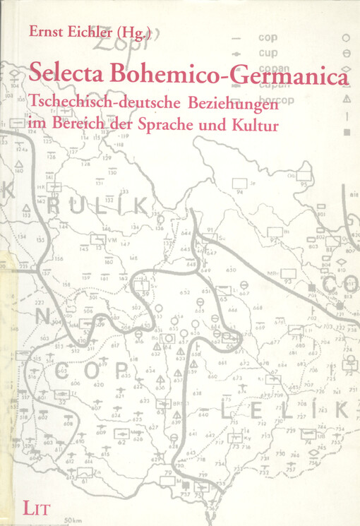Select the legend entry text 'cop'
pos(268,37)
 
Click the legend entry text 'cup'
pos(268,52)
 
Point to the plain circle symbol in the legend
pos(346,37)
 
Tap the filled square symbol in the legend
pos(346,132)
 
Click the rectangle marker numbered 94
pos(240,184)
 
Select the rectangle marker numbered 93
pos(287,273)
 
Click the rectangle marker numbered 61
pos(85,472)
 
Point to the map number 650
pos(231,270)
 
